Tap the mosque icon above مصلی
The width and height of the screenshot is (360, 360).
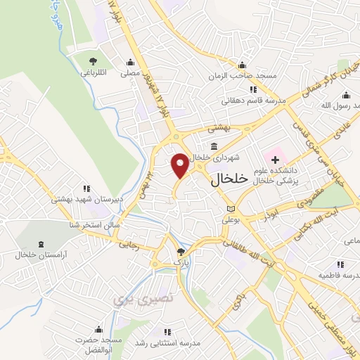pos(129,62)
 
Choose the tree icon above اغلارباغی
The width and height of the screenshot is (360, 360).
pos(94,61)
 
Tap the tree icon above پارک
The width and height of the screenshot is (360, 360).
pos(182,251)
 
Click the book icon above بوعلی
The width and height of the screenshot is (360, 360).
pos(231,210)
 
